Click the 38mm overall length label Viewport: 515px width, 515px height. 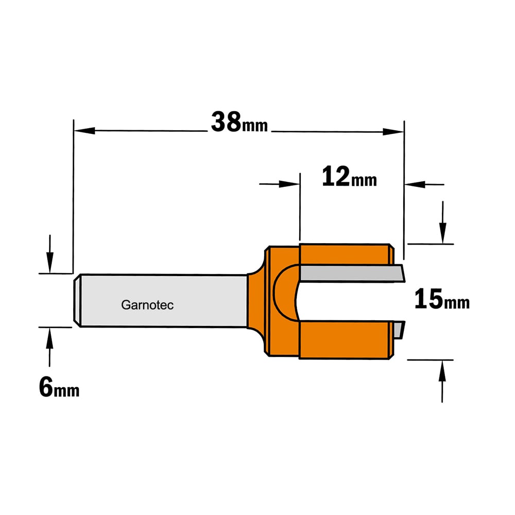[239, 122]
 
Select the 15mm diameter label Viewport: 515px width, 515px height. [442, 299]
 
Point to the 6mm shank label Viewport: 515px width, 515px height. [59, 387]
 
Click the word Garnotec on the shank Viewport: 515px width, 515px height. [147, 305]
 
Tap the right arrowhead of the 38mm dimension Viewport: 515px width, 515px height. [393, 132]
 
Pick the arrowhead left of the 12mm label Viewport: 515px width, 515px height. [289, 184]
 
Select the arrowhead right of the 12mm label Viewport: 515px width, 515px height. [415, 184]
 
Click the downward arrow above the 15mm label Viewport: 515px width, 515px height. [443, 222]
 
